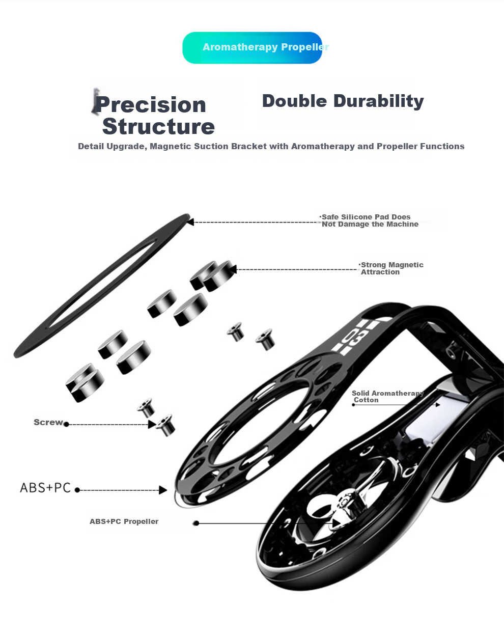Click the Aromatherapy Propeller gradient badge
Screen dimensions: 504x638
252,48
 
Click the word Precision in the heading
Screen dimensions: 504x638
151,105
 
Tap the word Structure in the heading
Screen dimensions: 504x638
158,127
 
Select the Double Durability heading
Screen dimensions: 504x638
343,101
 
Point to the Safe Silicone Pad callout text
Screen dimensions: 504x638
370,220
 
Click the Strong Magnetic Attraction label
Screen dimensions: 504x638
391,268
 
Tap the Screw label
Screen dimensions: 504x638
48,422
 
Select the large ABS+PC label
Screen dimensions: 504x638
45,488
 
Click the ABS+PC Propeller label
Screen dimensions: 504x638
124,521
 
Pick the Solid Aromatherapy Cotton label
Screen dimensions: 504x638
387,396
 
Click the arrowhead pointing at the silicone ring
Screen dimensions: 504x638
190,222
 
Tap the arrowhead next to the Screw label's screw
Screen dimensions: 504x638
152,424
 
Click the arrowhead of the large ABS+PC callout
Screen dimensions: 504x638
163,490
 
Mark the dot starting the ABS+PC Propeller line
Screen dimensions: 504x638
196,523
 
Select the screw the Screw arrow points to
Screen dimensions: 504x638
165,425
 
